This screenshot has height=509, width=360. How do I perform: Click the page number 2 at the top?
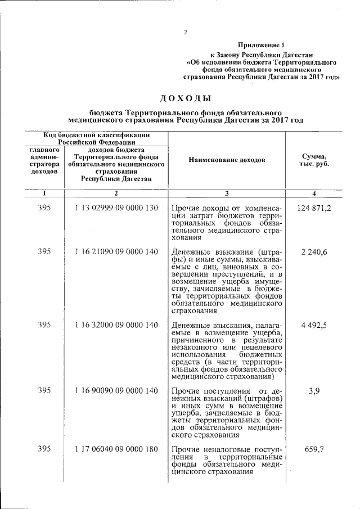(185, 31)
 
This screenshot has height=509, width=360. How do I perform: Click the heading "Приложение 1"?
(262, 44)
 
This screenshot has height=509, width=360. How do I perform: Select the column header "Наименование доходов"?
(227, 160)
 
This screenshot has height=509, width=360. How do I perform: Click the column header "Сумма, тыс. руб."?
(314, 160)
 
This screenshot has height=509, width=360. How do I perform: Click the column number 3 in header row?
(227, 194)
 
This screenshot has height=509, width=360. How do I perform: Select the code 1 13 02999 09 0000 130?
(116, 208)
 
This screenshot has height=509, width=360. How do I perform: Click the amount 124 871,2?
(314, 208)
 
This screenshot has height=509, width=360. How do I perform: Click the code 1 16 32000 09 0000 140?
(116, 325)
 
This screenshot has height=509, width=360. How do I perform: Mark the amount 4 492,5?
(314, 325)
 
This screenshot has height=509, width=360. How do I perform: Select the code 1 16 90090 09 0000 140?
(116, 390)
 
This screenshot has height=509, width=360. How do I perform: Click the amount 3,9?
(314, 390)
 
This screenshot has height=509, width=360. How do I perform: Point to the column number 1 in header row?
(44, 194)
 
